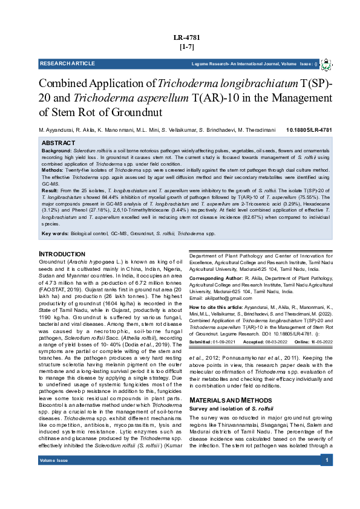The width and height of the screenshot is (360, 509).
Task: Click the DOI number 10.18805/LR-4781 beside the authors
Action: pyautogui.click(x=309, y=131)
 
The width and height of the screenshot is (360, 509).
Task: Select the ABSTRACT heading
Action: pyautogui.click(x=58, y=143)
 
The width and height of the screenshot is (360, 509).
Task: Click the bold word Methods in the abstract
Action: pyautogui.click(x=52, y=171)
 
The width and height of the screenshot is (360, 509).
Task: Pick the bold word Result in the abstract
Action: pyautogui.click(x=50, y=190)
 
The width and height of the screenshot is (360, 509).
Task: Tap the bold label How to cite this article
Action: pyautogui.click(x=220, y=307)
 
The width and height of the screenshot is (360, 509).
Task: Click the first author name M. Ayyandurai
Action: pyautogui.click(x=59, y=131)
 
